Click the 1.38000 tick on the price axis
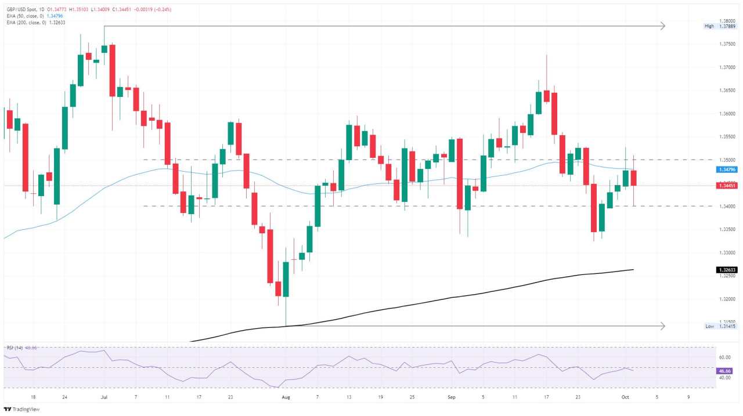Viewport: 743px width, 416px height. pos(727,20)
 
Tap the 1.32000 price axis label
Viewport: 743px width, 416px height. pos(727,299)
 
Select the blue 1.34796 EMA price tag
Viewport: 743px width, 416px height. pos(727,169)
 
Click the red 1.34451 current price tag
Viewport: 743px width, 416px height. pos(727,186)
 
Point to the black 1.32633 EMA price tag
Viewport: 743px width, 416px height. pos(727,270)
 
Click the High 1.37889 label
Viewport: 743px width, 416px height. pos(720,26)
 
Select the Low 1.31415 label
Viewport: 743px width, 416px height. pos(720,327)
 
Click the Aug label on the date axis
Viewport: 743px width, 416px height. pos(285,397)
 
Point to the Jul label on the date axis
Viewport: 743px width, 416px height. pos(104,397)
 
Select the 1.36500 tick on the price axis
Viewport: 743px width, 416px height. pos(727,91)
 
